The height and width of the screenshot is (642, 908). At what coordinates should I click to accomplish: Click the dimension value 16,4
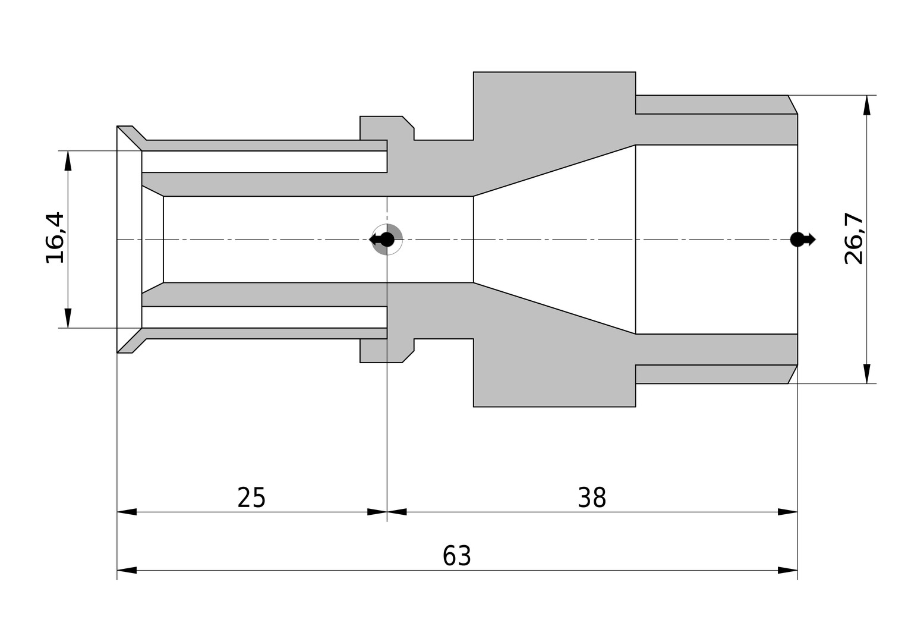coord(55,238)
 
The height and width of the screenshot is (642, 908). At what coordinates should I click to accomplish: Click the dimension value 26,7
coord(854,238)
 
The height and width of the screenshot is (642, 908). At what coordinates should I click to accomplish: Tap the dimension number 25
coord(251,498)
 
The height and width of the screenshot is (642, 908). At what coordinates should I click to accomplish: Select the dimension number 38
coord(592,498)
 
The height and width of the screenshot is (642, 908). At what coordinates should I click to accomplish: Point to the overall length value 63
coord(457,556)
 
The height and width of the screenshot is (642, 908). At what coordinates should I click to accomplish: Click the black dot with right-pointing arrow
coord(803,240)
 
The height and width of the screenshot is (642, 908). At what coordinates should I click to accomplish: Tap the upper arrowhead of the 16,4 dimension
coord(68,160)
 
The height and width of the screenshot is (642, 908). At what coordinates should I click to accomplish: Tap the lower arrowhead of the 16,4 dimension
coord(68,318)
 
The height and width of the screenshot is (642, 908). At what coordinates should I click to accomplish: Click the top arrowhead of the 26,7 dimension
coord(867,105)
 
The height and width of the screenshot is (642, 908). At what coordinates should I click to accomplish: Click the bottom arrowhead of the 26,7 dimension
coord(867,373)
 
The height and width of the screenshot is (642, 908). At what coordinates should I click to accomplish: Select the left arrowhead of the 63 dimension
coord(127,570)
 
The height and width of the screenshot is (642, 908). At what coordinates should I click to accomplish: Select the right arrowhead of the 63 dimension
coord(787,570)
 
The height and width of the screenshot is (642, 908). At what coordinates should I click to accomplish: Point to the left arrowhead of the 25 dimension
coord(127,512)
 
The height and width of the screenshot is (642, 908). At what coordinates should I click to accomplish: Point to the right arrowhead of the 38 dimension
coord(787,512)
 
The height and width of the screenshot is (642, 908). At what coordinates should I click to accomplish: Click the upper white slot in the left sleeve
coord(264,162)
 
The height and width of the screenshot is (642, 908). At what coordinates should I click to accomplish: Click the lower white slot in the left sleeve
coord(264,317)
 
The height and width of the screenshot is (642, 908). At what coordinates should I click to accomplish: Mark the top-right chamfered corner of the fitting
coord(793,105)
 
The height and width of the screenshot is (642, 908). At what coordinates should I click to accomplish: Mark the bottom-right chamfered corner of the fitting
coord(793,374)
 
